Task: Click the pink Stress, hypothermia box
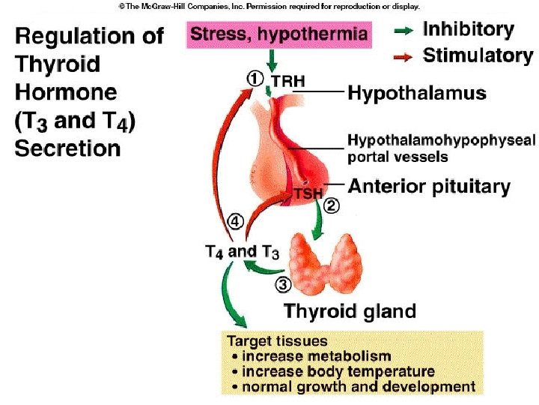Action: point(279,34)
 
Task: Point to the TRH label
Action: point(287,79)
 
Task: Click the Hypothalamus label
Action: point(417,93)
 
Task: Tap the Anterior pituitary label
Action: point(429,186)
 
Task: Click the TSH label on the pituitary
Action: point(307,193)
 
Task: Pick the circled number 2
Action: point(332,204)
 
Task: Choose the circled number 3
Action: point(283,284)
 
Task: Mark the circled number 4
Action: point(235,222)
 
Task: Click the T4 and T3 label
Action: point(242,253)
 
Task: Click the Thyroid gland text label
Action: point(350,310)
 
